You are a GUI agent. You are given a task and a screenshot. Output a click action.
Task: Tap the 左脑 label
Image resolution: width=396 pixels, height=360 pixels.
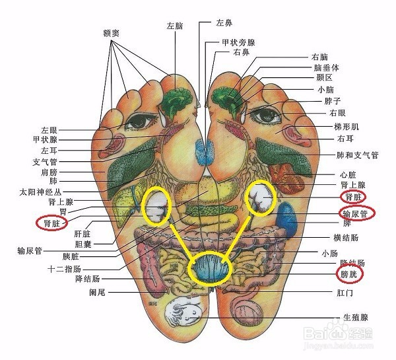tap(174, 26)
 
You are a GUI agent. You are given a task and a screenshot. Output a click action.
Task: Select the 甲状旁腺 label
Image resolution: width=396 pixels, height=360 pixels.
tap(238, 42)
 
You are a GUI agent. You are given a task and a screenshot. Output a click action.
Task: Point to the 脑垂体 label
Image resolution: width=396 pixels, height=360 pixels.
tap(327, 67)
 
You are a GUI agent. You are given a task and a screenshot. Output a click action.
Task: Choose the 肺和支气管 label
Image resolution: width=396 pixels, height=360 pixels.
tap(348, 155)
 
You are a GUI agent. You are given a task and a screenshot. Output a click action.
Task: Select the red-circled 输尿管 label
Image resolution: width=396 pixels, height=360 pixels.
tap(357, 213)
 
